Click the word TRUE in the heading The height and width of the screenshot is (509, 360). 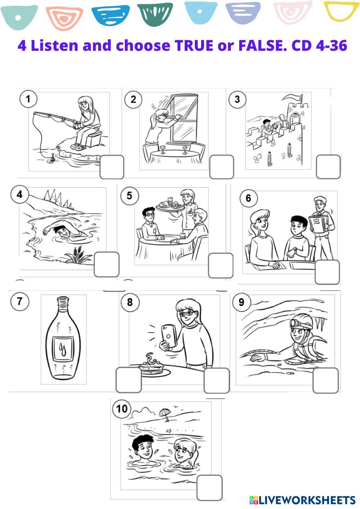(194, 45)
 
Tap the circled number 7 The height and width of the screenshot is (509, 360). (20, 302)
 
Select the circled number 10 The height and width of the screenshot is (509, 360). (122, 409)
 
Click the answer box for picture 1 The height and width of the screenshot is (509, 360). (112, 167)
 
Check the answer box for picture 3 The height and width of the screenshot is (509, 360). (328, 167)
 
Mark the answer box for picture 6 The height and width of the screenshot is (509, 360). (327, 272)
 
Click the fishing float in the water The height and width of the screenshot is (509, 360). (52, 158)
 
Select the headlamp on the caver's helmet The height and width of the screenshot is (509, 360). (294, 323)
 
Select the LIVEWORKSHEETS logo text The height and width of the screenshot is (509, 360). (302, 500)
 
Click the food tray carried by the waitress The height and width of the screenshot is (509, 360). (170, 207)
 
